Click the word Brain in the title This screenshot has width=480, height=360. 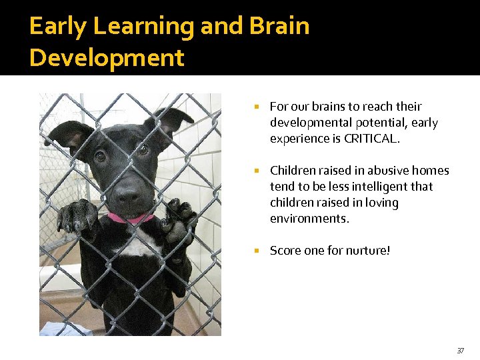click(279, 26)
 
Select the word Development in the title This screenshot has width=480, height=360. click(107, 58)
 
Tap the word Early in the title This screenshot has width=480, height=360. click(58, 26)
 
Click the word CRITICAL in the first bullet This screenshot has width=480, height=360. click(372, 139)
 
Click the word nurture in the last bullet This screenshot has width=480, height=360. click(367, 251)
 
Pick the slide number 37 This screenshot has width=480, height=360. click(460, 351)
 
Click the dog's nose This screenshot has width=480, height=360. click(127, 193)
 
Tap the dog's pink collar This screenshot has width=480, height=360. click(131, 218)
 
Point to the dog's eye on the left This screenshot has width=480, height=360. click(100, 156)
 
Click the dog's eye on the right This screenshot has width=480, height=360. click(143, 150)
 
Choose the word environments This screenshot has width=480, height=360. click(309, 219)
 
